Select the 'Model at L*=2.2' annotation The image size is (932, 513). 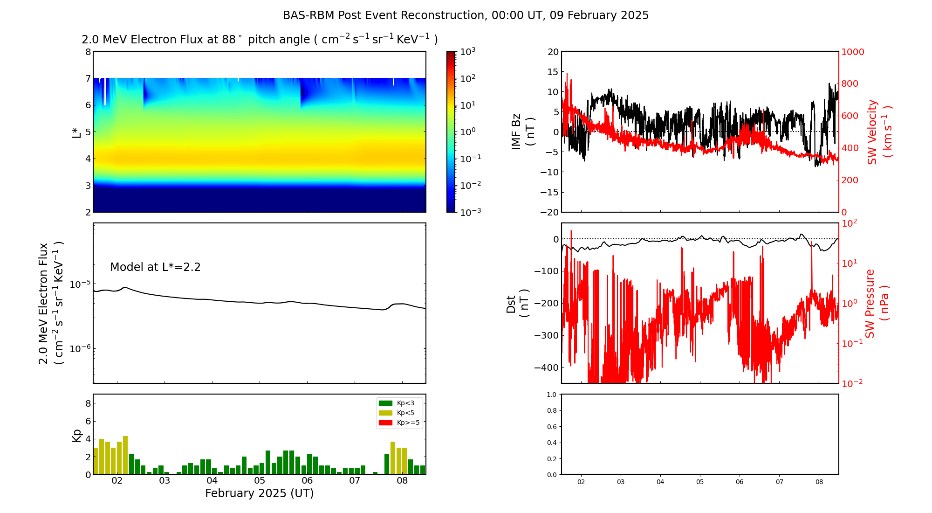tap(155, 267)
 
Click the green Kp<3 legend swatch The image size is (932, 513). tap(385, 403)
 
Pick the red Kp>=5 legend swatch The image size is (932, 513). tap(385, 423)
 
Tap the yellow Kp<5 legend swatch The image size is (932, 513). tap(385, 413)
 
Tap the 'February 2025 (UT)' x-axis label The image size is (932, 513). tap(259, 493)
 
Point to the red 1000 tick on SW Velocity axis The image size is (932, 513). tap(852, 52)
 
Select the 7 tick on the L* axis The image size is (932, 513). tap(88, 78)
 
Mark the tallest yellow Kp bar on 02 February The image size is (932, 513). tap(125, 455)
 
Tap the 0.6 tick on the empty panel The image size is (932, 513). tap(551, 427)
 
